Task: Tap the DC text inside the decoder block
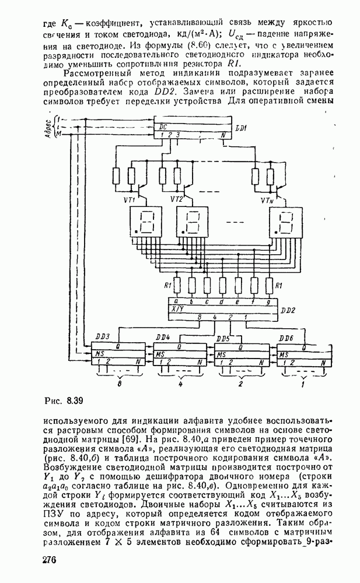(x=156, y=126)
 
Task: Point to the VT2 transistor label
(x=177, y=199)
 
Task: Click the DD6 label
(x=286, y=339)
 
